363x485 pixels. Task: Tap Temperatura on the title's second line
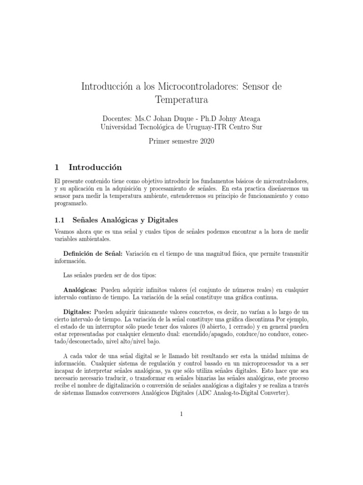coord(181,100)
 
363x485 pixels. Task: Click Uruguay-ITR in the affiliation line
coord(208,127)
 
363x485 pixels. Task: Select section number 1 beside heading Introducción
coord(57,167)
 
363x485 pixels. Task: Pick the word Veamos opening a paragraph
coord(67,232)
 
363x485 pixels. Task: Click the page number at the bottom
coord(181,414)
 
